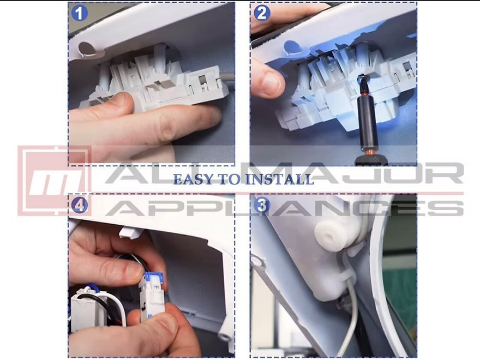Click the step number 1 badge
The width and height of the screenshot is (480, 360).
coord(79,13)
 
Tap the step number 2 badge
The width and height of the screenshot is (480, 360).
coord(262,13)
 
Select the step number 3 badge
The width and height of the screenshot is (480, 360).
coord(262,205)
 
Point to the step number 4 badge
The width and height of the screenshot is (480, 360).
coord(79,205)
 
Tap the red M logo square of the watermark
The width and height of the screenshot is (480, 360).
coord(55,181)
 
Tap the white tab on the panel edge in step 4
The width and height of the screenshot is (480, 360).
coord(131,232)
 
